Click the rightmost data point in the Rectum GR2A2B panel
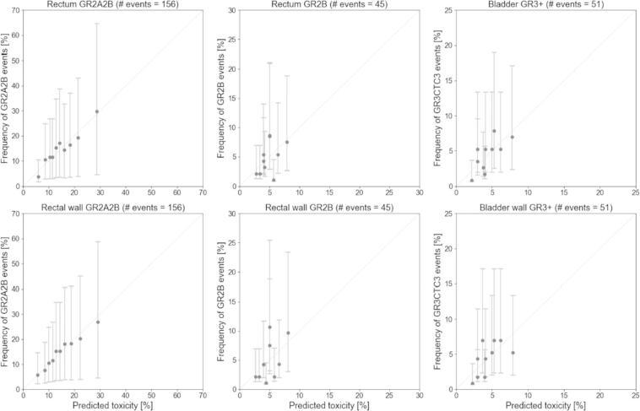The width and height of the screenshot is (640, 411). [x=97, y=111]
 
